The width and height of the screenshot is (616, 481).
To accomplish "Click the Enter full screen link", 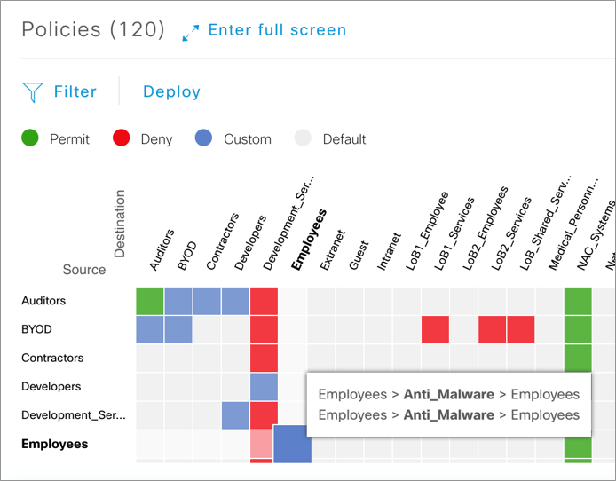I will point(276,31).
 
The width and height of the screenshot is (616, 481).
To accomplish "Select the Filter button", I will point(75,91).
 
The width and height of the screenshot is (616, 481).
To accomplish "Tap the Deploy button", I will point(171,91).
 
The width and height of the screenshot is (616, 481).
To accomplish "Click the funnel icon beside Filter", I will point(33,91).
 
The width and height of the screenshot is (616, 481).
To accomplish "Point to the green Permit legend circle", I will point(31,138).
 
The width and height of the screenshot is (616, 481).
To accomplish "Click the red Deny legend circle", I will point(122,138).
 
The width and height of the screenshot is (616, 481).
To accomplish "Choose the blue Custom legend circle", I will point(204,138).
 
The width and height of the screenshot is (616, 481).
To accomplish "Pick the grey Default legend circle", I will point(304,138).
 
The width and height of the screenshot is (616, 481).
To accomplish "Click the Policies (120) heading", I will point(93,30).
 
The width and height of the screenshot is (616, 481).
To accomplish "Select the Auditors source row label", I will point(43,301).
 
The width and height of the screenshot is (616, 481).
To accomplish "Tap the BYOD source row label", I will point(36,329).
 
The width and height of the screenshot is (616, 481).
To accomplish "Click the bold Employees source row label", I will point(54,444).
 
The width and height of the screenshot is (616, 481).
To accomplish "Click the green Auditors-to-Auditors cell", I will point(150,301).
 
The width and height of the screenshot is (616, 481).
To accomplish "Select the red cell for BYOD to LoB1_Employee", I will point(435,329).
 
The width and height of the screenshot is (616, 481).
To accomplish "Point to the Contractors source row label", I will point(52,358).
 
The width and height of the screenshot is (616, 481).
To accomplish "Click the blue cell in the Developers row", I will point(264,386).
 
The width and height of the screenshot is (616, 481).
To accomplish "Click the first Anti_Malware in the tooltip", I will point(448,393).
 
